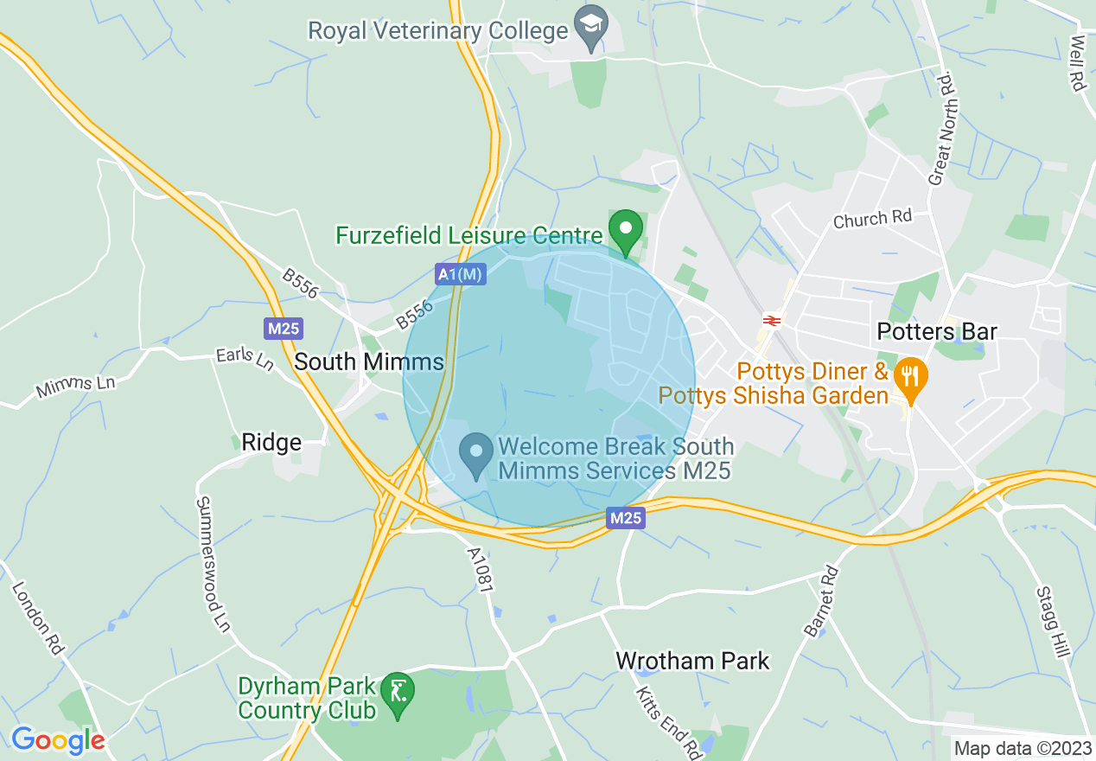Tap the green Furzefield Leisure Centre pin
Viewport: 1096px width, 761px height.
tap(626, 229)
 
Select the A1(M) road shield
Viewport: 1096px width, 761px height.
tap(460, 274)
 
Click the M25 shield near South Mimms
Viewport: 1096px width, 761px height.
tap(283, 329)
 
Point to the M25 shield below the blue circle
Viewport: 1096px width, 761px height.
tap(625, 518)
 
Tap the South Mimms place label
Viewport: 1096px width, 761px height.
tap(369, 361)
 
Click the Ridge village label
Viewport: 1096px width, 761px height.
tap(271, 443)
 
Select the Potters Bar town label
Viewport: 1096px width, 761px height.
tap(937, 331)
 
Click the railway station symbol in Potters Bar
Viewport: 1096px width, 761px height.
tap(773, 321)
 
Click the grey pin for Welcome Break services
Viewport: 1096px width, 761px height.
tap(475, 453)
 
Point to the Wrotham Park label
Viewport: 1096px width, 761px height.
tap(692, 662)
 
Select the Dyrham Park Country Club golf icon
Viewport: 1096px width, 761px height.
tap(398, 692)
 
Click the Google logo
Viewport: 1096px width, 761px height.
tap(58, 740)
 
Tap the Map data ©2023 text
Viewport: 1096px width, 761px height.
tap(1022, 748)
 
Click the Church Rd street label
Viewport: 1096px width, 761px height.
tap(872, 220)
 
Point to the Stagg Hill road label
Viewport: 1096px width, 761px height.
tap(1052, 621)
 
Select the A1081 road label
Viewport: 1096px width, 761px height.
tap(480, 569)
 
